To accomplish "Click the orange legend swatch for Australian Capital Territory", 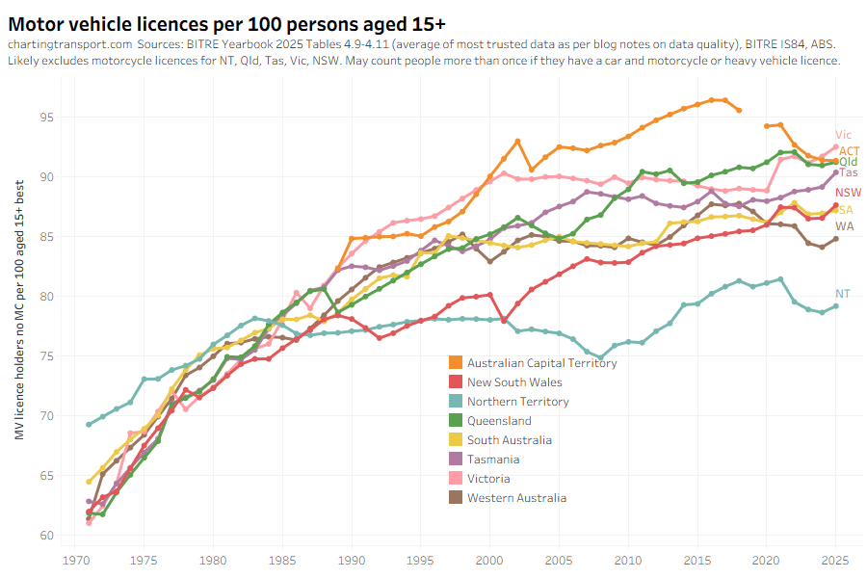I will click(455, 363).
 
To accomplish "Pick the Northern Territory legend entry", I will click(517, 402).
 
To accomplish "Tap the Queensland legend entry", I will click(499, 421).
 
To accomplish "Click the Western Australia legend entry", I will click(516, 498).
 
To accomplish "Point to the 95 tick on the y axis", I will click(45, 118).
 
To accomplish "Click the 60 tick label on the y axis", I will click(45, 536).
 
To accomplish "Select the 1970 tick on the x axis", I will click(74, 559).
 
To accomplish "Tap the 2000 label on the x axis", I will click(490, 559).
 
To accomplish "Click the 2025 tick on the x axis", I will click(836, 559).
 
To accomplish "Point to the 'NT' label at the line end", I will click(842, 294).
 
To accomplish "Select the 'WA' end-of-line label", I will click(844, 226).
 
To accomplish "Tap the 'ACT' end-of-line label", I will click(849, 151).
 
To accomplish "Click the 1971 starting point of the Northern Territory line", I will click(89, 425).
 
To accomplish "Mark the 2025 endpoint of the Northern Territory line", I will click(836, 306).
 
